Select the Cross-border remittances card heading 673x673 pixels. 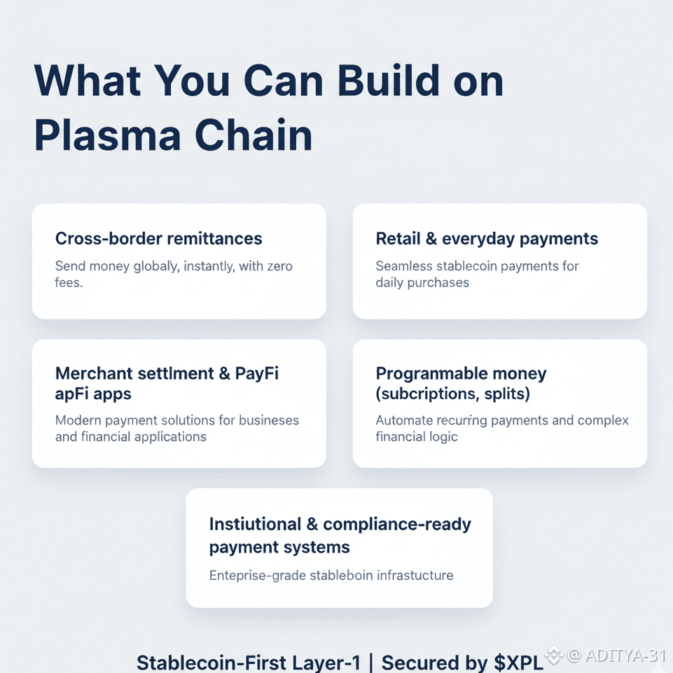point(158,238)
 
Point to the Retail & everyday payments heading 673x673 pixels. point(487,238)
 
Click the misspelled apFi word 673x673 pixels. point(72,394)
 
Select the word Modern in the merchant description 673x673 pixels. point(79,421)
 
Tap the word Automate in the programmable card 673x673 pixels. point(402,421)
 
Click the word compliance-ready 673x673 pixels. point(397,524)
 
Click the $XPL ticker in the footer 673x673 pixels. point(518,662)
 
